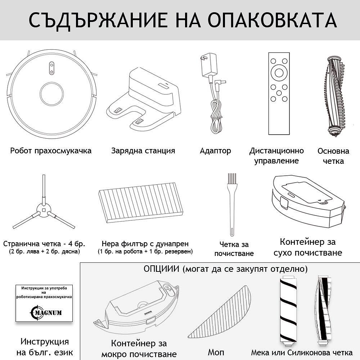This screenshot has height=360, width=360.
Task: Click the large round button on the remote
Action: (x=279, y=72)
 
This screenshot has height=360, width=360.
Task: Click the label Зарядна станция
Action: (x=143, y=151)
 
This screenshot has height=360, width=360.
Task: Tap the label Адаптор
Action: (x=215, y=151)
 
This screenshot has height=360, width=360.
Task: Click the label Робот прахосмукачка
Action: (x=51, y=151)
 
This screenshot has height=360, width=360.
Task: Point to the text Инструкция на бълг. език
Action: (x=45, y=347)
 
